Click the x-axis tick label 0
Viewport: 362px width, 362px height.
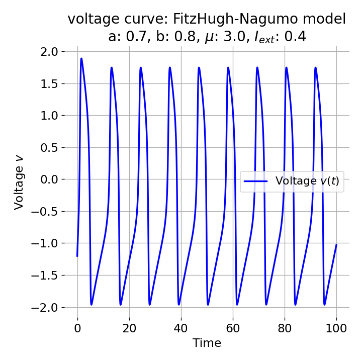click(x=77, y=329)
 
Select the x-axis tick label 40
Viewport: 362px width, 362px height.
click(x=181, y=329)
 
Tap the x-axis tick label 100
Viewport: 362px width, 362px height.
click(x=336, y=329)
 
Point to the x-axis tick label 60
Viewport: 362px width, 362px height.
click(x=233, y=329)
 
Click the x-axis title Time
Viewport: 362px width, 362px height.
click(x=207, y=343)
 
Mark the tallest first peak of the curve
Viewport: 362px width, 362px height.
click(x=81, y=58)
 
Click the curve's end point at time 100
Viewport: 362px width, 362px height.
click(x=336, y=245)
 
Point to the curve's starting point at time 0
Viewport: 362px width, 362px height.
click(x=77, y=256)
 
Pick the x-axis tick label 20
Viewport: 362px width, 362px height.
click(x=129, y=329)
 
